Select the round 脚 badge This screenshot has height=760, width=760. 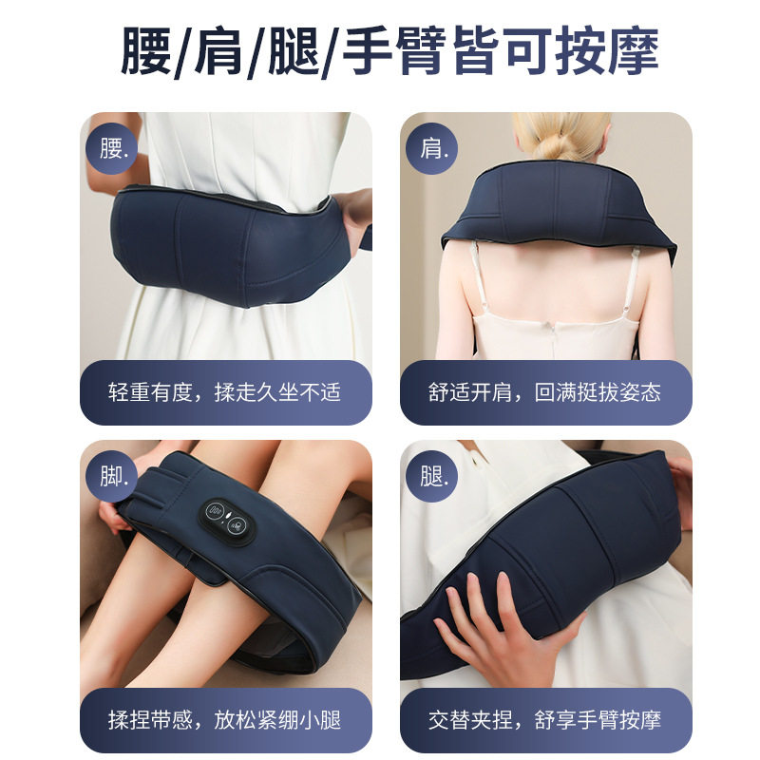[x=116, y=475]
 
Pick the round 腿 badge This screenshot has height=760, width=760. [x=436, y=475]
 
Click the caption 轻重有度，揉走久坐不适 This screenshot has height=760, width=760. [x=225, y=391]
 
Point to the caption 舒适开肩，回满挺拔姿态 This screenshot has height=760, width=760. [x=545, y=391]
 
